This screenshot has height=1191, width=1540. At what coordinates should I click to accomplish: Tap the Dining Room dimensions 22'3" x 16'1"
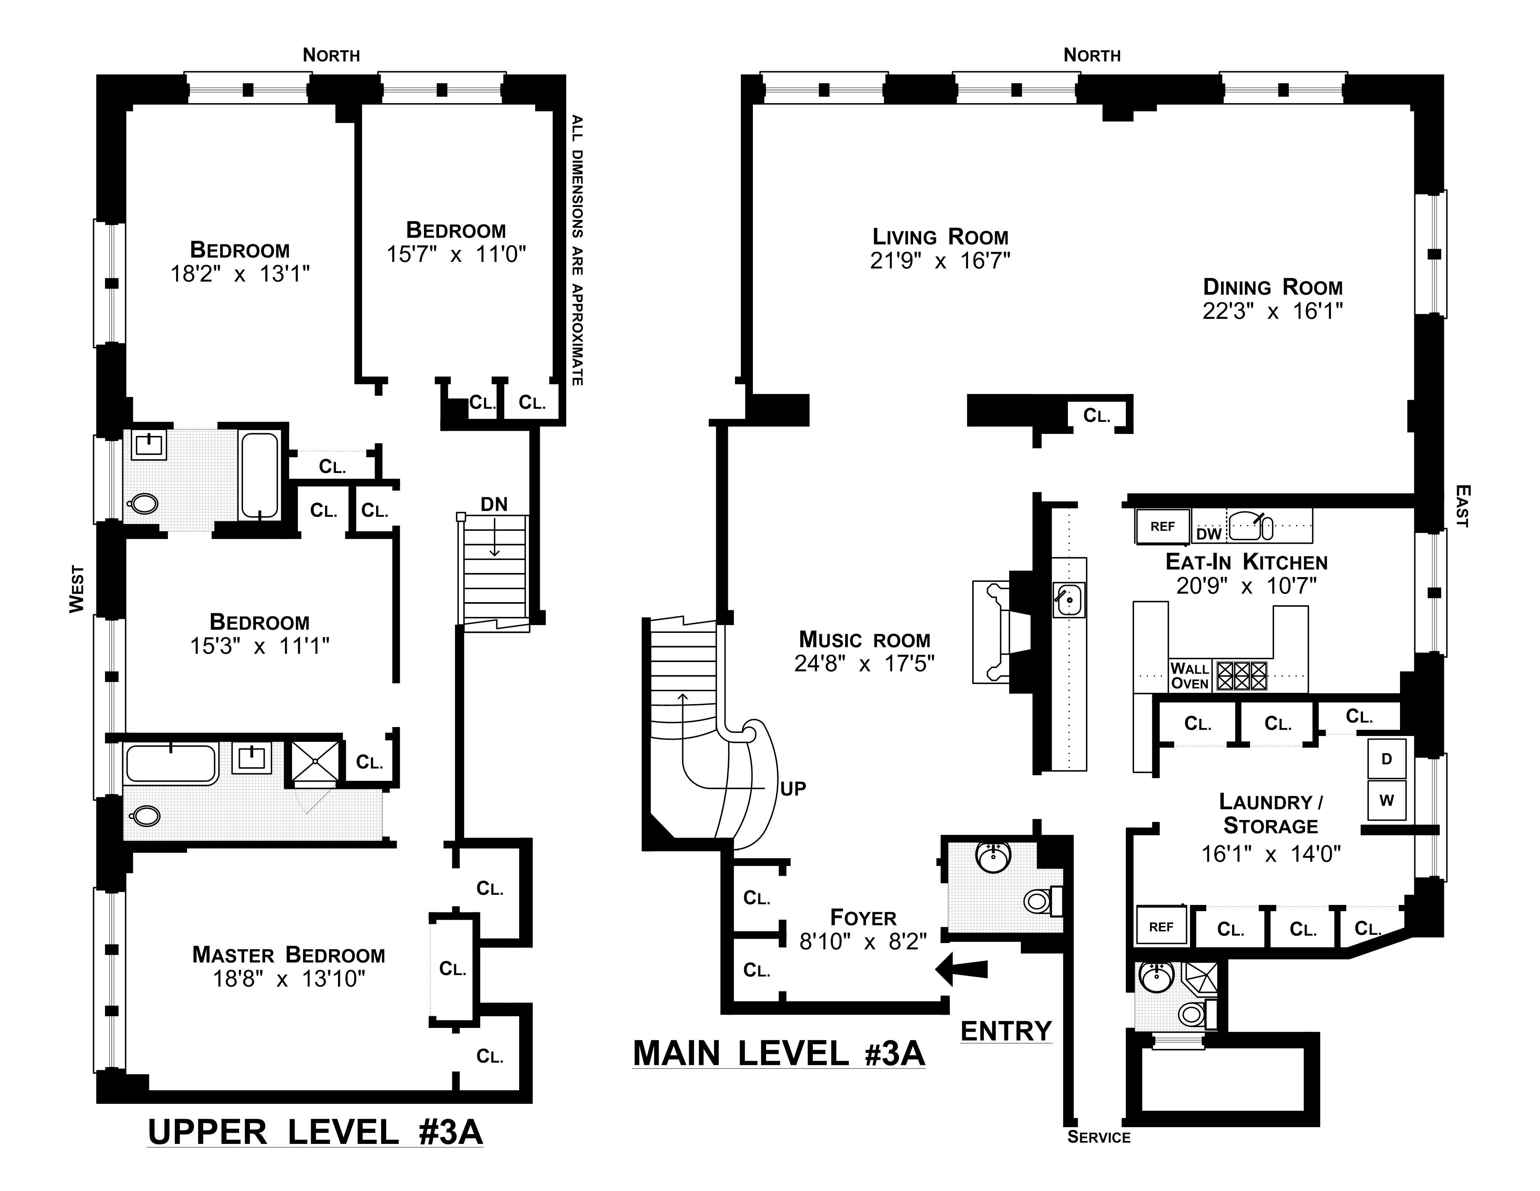click(x=1273, y=311)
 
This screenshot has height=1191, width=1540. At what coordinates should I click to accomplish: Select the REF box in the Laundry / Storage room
click(x=1161, y=926)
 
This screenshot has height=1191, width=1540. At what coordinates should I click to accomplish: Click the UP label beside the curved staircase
click(x=793, y=788)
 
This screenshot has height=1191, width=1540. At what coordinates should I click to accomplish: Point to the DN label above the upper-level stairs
click(x=494, y=504)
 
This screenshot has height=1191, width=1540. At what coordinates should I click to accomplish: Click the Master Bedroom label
click(x=289, y=955)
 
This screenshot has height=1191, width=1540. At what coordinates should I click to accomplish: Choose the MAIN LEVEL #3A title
click(x=779, y=1054)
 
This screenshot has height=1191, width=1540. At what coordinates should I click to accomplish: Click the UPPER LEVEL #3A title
click(x=315, y=1133)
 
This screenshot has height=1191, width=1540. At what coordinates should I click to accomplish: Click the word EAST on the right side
click(x=1463, y=505)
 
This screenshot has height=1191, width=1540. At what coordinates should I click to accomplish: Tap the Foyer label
click(x=863, y=917)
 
